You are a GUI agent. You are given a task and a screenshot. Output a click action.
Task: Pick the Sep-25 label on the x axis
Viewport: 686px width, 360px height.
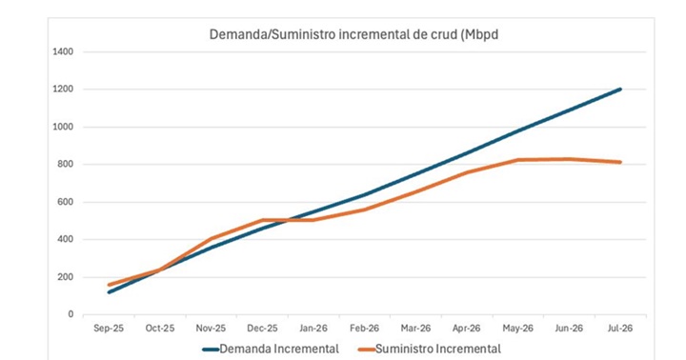[x=109, y=328]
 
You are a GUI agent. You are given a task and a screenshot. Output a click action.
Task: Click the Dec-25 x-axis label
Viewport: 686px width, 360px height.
[x=262, y=328]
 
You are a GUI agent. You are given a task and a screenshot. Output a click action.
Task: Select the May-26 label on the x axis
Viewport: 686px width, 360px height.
[x=517, y=328]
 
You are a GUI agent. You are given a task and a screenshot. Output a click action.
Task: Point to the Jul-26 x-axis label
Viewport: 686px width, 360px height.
[x=619, y=328]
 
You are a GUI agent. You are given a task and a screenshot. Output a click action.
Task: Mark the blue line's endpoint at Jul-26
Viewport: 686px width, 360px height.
[x=620, y=90]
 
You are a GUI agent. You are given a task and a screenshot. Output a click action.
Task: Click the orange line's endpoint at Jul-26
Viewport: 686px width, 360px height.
[x=620, y=162]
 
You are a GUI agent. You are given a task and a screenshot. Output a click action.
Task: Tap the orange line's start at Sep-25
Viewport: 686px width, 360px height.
[x=109, y=285]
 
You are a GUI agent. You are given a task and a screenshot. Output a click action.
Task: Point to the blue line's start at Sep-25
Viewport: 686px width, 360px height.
[x=109, y=292]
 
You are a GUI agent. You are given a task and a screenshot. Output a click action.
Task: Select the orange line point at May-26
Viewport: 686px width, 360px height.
[x=517, y=160]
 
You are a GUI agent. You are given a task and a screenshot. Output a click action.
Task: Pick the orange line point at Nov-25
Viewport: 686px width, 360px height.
[x=211, y=239]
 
